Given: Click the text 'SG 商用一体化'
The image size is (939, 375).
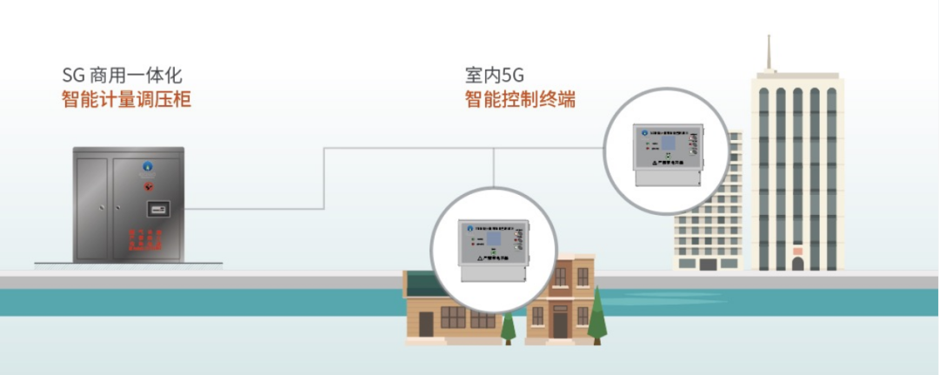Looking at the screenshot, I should pos(122,76).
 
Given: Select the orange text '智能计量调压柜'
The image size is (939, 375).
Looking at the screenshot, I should pos(126,99).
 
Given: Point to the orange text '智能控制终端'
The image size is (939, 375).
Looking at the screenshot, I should pos(519,99).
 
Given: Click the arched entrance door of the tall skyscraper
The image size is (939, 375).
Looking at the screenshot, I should pos(797,262).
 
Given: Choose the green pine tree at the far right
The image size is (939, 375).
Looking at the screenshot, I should pos(596,316).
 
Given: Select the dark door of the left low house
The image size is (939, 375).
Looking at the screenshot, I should pos(426,324).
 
